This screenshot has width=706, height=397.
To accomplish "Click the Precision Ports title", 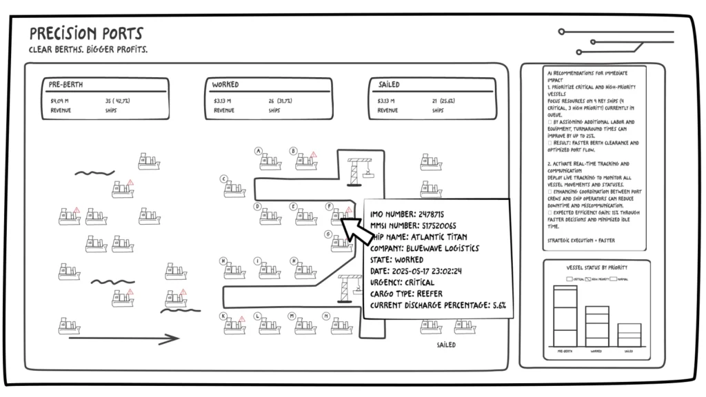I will [86, 33].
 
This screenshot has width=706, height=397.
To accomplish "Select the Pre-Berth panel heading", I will [65, 85].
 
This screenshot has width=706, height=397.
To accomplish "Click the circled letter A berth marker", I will [258, 151].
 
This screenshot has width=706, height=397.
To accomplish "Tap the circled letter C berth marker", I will [223, 179].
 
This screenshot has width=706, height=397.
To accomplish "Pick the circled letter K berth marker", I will [223, 316].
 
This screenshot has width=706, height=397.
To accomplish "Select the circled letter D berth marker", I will [257, 206].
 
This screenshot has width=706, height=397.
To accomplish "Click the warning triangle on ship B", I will [313, 155].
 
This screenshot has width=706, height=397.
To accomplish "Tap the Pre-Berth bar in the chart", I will [565, 316].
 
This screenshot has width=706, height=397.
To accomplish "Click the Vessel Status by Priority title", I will [596, 266].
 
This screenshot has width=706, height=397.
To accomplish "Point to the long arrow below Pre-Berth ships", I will [124, 338].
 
